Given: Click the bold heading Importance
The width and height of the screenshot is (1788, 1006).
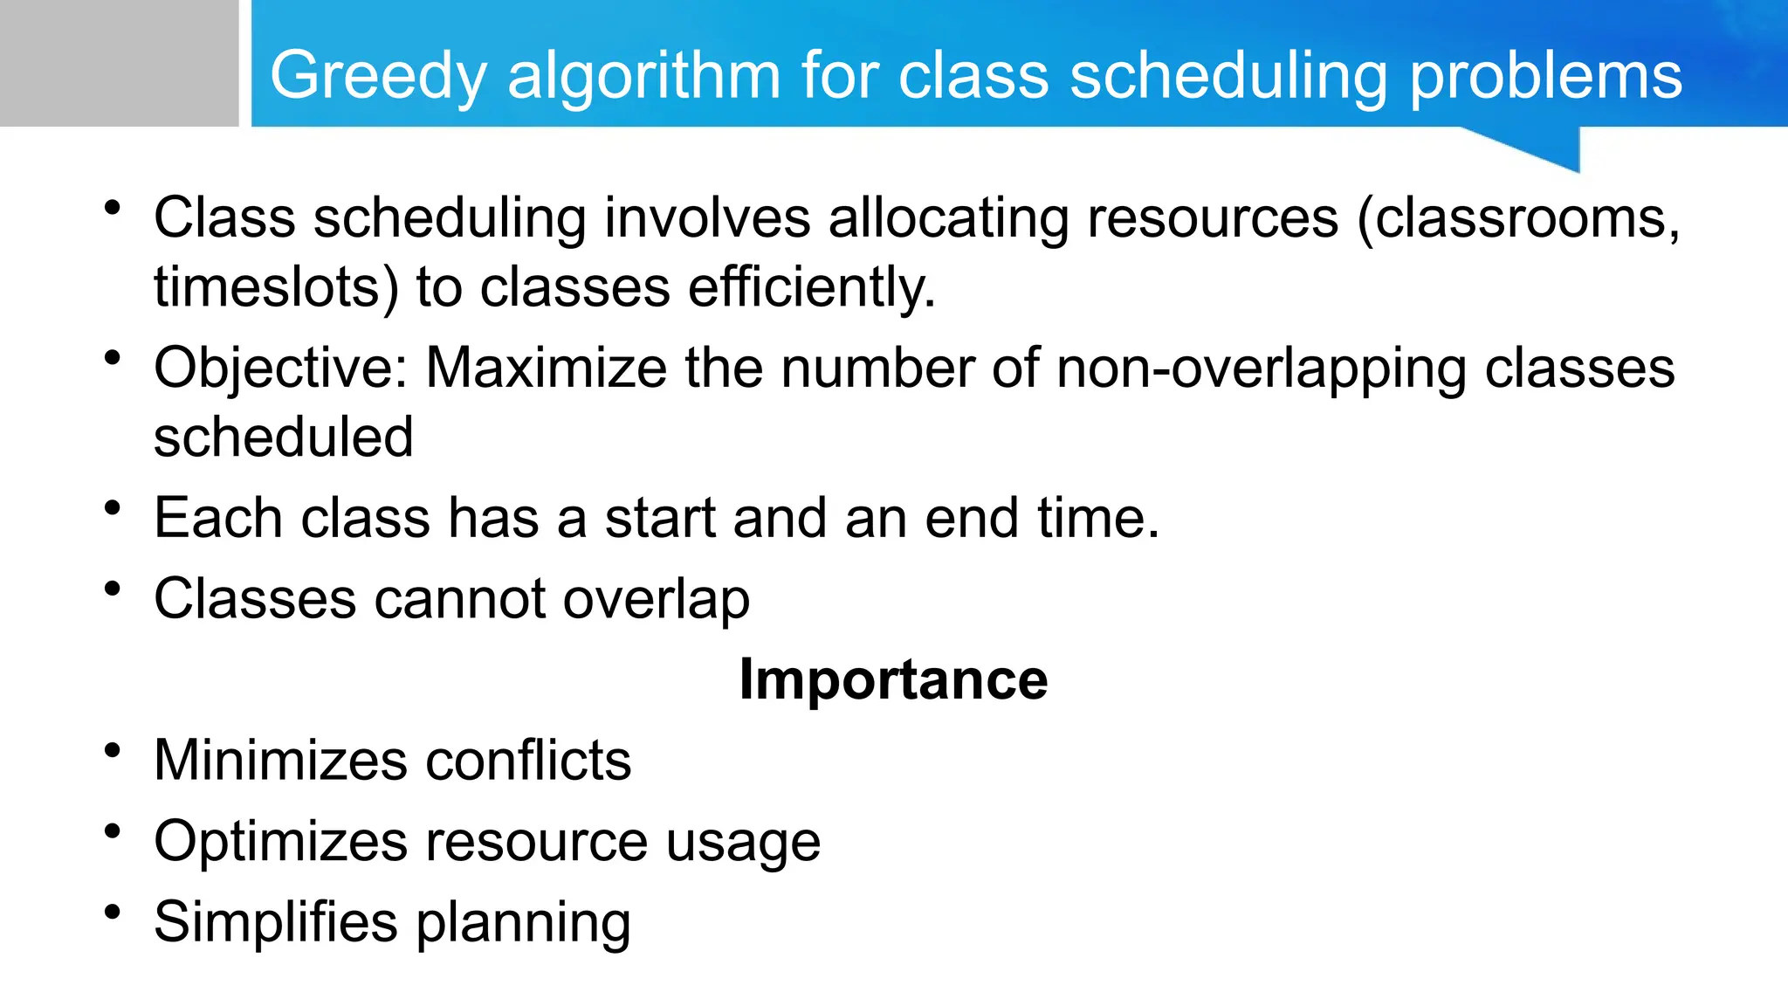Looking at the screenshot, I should click(893, 679).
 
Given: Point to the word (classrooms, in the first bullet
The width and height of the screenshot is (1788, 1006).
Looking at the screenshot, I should click(1518, 217).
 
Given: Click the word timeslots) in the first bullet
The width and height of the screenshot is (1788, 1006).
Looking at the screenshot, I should click(276, 287).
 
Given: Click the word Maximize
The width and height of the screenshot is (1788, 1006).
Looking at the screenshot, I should click(546, 367).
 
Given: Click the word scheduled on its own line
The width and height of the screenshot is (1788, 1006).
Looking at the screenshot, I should click(283, 437).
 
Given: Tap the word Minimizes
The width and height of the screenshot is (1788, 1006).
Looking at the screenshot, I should click(280, 760).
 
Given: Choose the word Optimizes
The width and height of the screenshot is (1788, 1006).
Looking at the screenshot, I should click(280, 842).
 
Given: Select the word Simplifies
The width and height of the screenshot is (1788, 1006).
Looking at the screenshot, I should click(275, 922).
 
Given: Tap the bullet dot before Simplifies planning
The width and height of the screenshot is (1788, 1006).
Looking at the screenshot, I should click(112, 913).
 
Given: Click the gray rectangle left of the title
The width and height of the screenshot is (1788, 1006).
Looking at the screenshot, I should click(119, 63).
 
